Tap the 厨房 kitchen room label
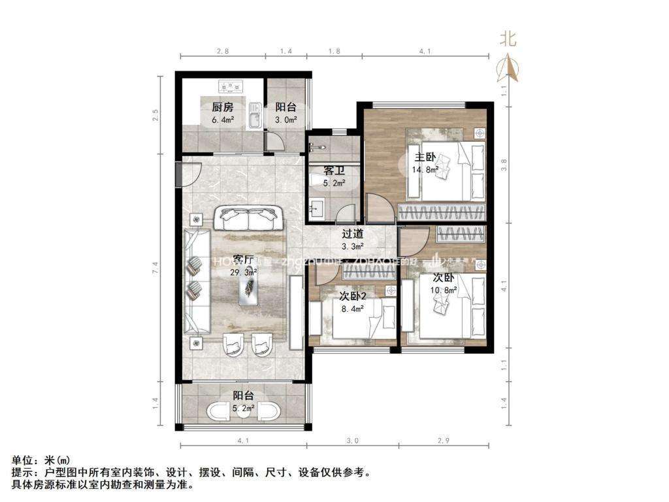223,108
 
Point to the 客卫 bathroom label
334,171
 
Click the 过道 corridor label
353,233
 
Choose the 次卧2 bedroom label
353,296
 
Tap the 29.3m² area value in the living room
242,273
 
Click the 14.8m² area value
424,170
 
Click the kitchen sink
255,116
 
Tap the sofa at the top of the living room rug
249,218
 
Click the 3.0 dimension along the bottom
353,441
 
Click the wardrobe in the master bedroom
442,212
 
